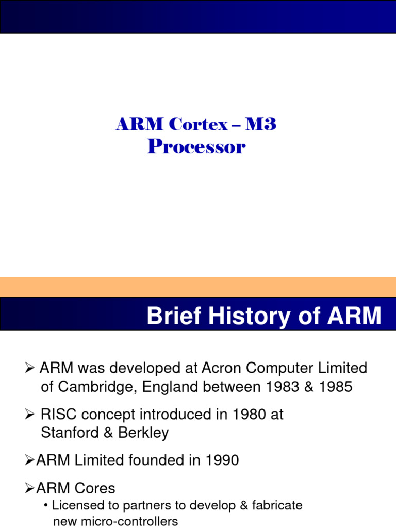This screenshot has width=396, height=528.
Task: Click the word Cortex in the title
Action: [x=198, y=125]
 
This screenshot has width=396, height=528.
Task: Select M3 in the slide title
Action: [x=261, y=125]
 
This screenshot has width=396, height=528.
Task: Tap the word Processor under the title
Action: [x=196, y=147]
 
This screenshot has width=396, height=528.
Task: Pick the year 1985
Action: [x=335, y=387]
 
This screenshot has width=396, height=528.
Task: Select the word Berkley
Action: [x=143, y=433]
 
